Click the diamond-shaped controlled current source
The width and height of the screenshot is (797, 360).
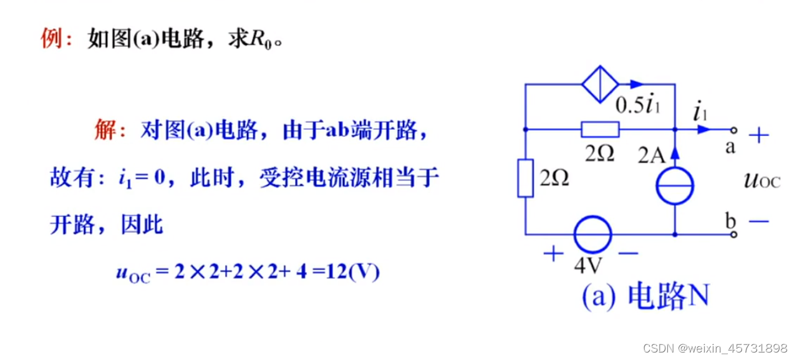600,84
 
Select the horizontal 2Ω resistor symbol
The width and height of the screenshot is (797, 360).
600,129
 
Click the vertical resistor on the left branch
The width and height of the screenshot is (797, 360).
526,178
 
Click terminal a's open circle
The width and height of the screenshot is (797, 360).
734,130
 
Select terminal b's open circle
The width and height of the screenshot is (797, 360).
734,235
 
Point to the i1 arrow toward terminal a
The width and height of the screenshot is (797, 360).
703,129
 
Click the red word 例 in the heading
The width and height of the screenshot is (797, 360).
52,40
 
